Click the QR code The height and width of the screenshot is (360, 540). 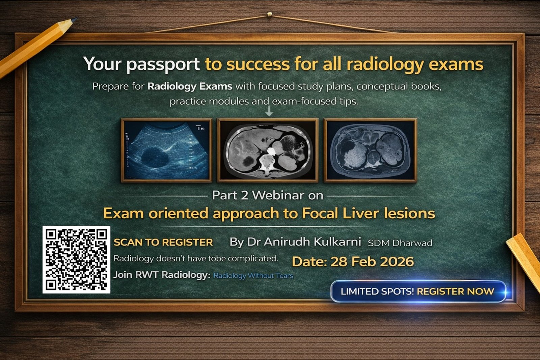76,259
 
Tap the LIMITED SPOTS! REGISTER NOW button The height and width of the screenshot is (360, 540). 418,291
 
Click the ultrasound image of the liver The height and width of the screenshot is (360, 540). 167,150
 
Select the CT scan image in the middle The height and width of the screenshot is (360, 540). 268,150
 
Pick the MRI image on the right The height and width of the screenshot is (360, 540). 370,150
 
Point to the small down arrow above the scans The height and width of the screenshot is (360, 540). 269,111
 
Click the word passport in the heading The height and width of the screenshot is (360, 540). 163,64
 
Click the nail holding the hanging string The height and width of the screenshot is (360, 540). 269,14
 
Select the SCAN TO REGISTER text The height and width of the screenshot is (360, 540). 163,242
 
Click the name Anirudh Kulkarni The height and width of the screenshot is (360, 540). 312,242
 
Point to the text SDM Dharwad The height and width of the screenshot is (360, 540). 400,243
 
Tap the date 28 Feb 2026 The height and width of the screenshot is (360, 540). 372,262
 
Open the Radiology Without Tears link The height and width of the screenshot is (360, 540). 253,276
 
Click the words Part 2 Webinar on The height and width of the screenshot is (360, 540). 267,195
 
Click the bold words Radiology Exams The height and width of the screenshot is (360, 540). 190,86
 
